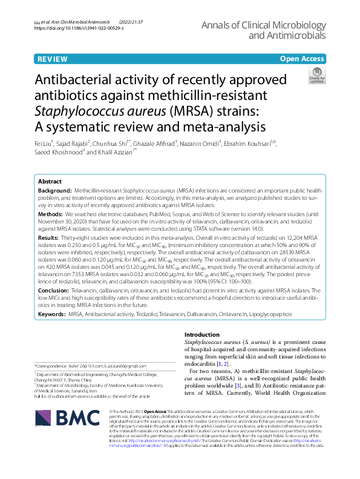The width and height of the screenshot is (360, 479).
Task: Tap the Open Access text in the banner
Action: [x=302, y=59]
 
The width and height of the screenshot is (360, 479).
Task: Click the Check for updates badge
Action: [x=316, y=77]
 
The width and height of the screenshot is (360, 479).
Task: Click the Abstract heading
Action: [x=50, y=181]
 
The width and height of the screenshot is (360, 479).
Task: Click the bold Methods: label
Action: [x=50, y=215]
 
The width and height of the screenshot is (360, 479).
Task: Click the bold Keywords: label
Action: [x=52, y=314]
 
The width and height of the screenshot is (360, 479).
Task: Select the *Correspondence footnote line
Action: [x=91, y=366]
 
